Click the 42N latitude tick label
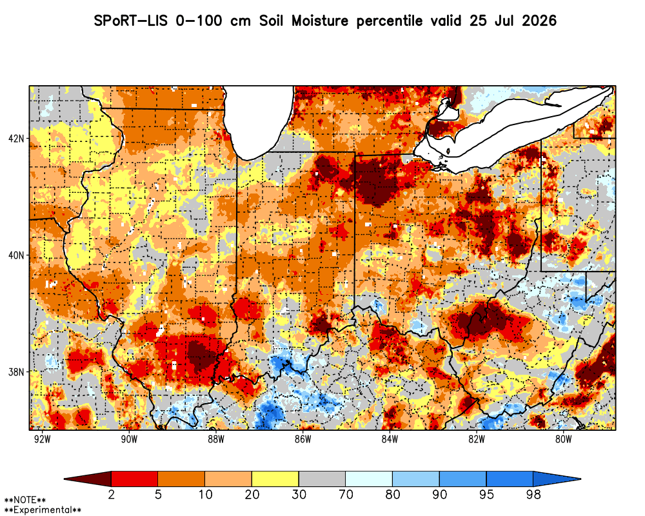click(16, 138)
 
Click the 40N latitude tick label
click(16, 255)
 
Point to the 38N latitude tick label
click(16, 372)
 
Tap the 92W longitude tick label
click(42, 439)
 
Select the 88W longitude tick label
click(216, 439)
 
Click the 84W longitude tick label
click(390, 439)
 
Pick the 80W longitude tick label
click(563, 439)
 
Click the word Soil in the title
click(272, 21)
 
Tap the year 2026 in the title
click(539, 21)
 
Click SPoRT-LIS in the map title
click(130, 21)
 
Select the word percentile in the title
click(390, 21)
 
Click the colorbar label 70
click(346, 494)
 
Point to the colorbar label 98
click(533, 494)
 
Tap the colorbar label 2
click(111, 494)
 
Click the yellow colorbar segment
click(275, 479)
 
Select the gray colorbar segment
click(322, 479)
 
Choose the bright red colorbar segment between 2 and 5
click(135, 479)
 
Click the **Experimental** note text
click(43, 510)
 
